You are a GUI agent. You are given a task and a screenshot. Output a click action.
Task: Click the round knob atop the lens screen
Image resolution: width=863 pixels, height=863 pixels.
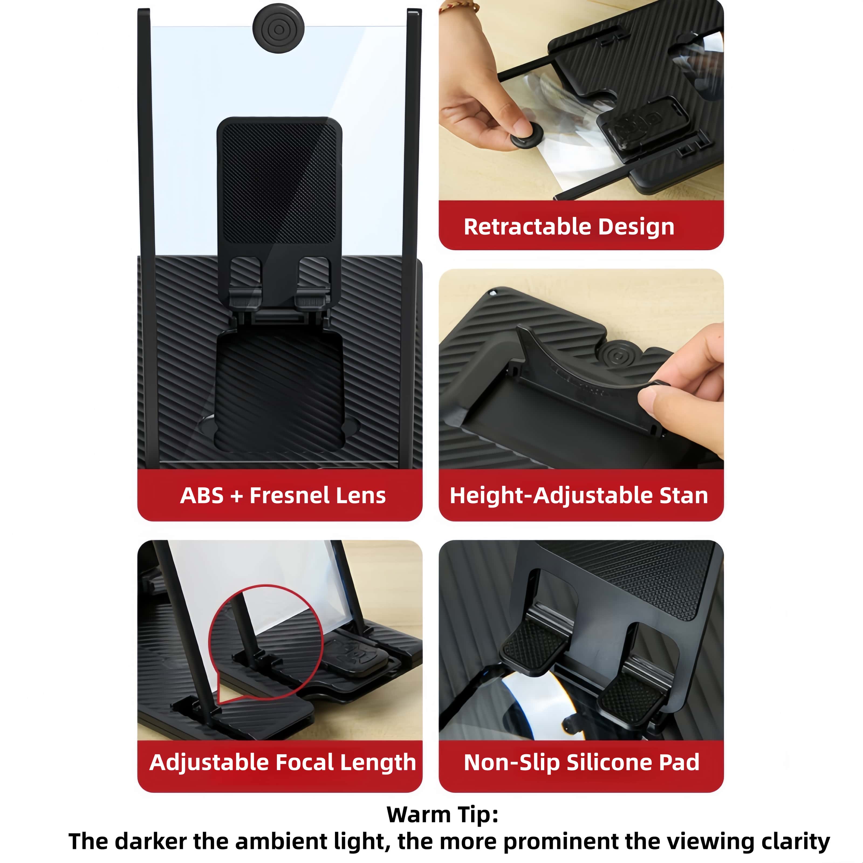279,29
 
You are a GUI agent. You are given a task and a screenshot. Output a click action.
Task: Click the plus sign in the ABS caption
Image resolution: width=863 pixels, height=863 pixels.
237,496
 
